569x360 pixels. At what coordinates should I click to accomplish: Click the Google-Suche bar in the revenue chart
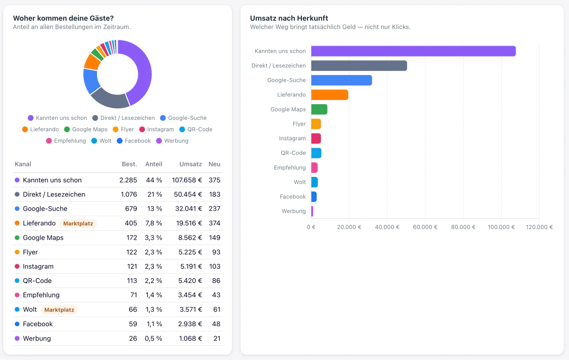[x=341, y=80]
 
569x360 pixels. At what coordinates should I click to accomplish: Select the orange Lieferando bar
[x=329, y=95]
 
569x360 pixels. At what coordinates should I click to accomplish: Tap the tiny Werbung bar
[x=312, y=211]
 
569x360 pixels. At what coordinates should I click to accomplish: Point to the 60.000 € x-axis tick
[x=425, y=227]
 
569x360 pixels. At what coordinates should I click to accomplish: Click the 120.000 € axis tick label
[x=539, y=227]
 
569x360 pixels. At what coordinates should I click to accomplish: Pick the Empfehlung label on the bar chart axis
[x=289, y=168]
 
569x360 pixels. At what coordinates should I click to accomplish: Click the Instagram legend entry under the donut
[x=156, y=129]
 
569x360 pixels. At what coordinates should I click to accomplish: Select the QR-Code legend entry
[x=195, y=129]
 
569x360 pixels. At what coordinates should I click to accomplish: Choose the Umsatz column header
[x=191, y=164]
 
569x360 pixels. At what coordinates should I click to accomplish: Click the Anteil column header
[x=154, y=164]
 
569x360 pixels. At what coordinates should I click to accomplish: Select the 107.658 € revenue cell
[x=187, y=180]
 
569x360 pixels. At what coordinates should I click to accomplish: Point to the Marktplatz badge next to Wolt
[x=59, y=310]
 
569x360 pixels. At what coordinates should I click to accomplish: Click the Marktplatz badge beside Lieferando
[x=78, y=223]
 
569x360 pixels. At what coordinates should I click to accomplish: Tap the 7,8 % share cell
[x=154, y=223]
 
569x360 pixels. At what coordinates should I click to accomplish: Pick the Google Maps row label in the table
[x=43, y=238]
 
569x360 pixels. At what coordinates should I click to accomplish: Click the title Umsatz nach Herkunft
[x=289, y=18]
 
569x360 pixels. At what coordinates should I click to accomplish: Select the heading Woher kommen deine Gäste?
[x=63, y=18]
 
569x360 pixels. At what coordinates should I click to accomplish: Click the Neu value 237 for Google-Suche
[x=214, y=209]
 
